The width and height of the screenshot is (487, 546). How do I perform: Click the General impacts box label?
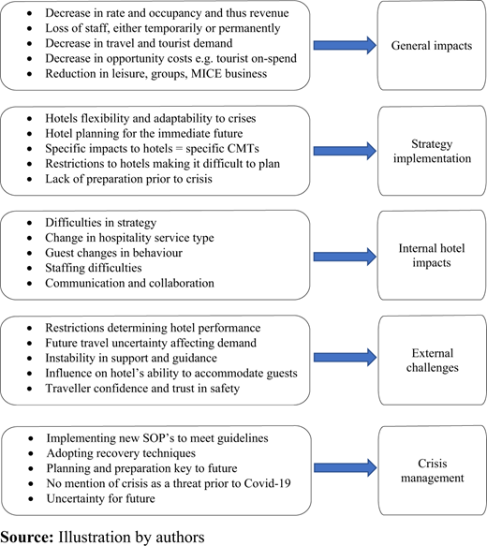[432, 46]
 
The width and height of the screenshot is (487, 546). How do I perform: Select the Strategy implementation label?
[432, 151]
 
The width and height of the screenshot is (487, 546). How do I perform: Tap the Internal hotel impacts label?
[432, 256]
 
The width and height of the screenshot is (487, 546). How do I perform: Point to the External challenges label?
[433, 360]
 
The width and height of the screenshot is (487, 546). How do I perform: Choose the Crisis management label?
[433, 470]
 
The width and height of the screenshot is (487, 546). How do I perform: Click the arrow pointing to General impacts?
[345, 45]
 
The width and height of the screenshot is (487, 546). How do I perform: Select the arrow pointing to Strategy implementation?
[345, 151]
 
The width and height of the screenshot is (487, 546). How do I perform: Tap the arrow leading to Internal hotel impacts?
[345, 257]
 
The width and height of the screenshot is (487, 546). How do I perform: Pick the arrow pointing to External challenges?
[345, 357]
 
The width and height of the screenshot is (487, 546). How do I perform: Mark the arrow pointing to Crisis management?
[345, 467]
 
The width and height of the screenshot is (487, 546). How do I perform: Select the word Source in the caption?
[27, 537]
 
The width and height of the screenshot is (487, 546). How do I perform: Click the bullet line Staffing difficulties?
[94, 268]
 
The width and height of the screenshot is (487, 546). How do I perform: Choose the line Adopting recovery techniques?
[121, 453]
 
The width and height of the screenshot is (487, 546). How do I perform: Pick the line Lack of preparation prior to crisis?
[128, 179]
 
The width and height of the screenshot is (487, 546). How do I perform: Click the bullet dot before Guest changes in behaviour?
[30, 253]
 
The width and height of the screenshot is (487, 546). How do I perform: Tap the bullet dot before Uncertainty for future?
[31, 499]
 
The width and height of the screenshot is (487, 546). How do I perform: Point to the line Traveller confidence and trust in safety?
[142, 388]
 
